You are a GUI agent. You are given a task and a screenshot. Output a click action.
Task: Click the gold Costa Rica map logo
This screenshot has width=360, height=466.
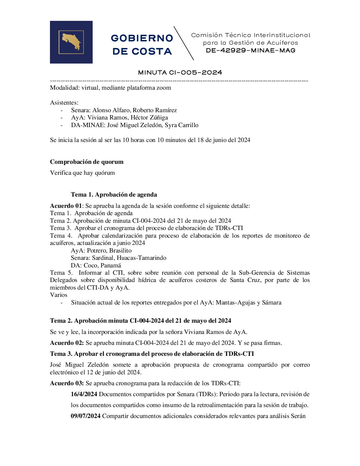(71, 42)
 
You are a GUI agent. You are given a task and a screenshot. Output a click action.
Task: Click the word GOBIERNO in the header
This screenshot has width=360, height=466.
(142, 38)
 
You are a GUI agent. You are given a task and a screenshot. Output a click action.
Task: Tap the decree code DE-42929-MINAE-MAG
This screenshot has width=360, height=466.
(250, 51)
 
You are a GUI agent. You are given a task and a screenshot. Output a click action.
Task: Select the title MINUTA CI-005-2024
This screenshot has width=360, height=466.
(180, 72)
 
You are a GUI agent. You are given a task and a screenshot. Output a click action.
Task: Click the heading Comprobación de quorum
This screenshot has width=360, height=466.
(87, 162)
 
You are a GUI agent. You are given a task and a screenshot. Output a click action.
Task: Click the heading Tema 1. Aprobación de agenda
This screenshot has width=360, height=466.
(114, 195)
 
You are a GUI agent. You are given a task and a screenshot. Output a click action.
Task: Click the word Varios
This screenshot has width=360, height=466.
(59, 295)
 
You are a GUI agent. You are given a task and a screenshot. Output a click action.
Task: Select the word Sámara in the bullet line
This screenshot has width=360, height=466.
(272, 303)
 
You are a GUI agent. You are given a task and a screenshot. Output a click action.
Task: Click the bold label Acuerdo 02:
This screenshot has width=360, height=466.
(67, 343)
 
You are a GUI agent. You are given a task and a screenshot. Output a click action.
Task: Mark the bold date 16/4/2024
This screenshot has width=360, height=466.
(84, 394)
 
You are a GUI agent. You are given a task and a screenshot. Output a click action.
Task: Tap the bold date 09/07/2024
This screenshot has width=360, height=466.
(86, 416)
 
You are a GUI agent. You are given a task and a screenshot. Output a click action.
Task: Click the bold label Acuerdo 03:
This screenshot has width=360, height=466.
(67, 383)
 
